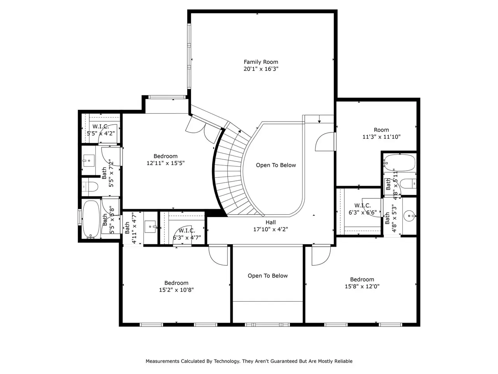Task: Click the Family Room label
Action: (261, 62)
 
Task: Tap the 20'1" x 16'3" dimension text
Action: (261, 69)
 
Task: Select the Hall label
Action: (271, 222)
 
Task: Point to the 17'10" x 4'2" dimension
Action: (270, 229)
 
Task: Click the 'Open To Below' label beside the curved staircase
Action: (276, 165)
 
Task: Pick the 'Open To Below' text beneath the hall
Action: (268, 276)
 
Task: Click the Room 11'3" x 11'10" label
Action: (381, 133)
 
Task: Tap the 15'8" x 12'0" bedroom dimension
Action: (362, 286)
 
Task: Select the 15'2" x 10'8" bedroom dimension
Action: (176, 290)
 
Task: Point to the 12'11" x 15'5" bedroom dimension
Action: (166, 163)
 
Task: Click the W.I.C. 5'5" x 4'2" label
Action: (101, 130)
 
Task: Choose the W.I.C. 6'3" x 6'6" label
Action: (363, 209)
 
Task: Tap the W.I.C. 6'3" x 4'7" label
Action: (187, 234)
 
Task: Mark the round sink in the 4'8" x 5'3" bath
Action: (409, 216)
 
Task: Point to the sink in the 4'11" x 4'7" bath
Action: (151, 227)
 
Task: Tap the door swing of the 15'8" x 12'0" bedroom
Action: (321, 255)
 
